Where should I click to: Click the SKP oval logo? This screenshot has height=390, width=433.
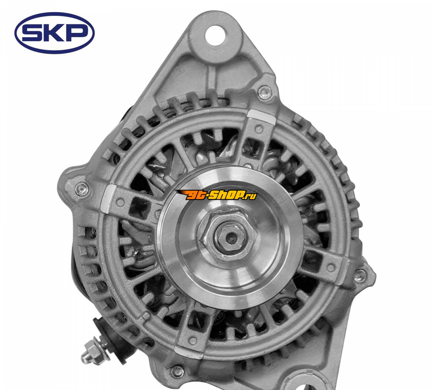coord(54,33)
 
